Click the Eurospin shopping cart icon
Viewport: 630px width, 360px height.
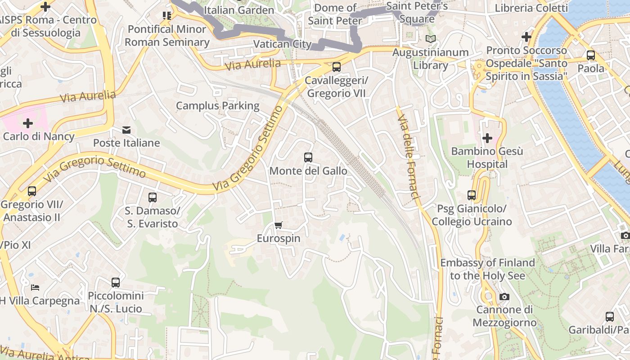pos(279,225)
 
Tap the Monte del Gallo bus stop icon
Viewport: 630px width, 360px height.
pos(308,157)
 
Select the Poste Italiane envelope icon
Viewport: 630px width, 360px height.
pos(126,130)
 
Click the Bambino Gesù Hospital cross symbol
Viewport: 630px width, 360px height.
pos(487,138)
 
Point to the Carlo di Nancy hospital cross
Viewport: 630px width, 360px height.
pos(28,123)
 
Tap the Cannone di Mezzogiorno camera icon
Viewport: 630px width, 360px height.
pos(504,297)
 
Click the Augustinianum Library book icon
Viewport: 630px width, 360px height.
pos(431,39)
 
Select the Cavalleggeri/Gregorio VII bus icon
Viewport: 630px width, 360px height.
pos(336,67)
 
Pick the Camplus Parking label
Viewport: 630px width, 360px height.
pos(217,106)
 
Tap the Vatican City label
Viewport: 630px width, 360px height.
pos(282,44)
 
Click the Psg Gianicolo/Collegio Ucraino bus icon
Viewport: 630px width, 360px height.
pos(472,195)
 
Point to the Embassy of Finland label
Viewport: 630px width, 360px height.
pos(487,269)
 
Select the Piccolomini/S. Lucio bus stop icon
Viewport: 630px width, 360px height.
pos(116,283)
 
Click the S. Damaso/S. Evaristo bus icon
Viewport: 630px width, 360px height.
pos(152,198)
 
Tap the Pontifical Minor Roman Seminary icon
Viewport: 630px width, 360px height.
pos(167,16)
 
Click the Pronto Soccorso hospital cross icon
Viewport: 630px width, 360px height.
pos(526,37)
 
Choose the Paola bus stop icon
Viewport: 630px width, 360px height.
pos(591,55)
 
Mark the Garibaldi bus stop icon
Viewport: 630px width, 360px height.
pos(609,316)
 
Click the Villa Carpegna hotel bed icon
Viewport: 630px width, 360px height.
pos(35,287)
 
